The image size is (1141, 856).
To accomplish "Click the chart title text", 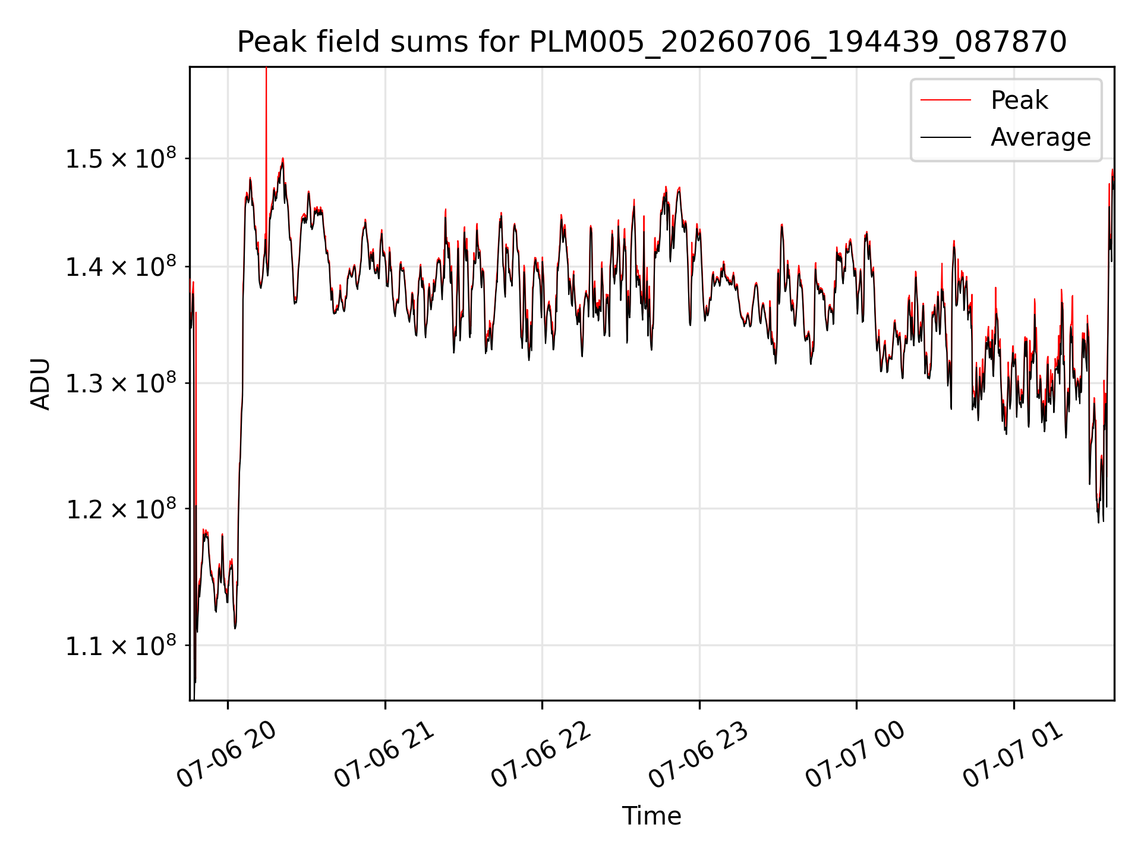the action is tap(652, 42).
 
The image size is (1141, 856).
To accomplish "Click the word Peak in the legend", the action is tap(1019, 100).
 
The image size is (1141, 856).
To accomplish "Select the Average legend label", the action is tap(1041, 137).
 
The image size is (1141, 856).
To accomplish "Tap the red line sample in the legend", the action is tap(945, 100).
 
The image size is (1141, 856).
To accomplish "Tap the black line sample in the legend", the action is tap(945, 137).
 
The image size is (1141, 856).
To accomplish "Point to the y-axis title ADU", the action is tap(40, 384).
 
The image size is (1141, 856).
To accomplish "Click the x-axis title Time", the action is tap(651, 816).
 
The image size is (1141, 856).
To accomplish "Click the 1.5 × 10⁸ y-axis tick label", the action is tap(121, 158).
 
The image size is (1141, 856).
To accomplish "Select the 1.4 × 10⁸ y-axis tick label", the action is tap(121, 266).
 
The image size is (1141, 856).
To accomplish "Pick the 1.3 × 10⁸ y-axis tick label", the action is tap(121, 383).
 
